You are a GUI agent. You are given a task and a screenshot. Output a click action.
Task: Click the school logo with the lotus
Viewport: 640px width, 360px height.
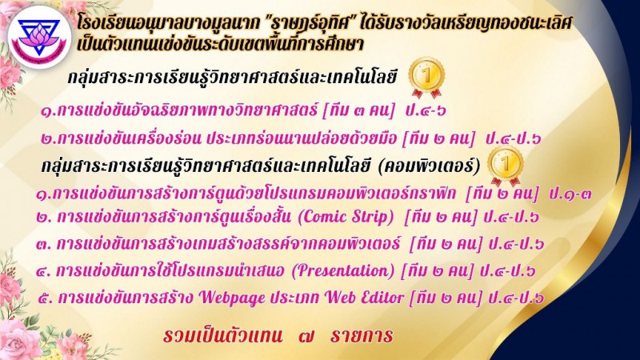point(39,37)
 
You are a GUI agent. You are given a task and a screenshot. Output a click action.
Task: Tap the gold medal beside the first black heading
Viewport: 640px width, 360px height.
point(426,78)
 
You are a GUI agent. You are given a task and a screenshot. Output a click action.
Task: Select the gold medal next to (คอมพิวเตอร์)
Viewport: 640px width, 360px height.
point(506,166)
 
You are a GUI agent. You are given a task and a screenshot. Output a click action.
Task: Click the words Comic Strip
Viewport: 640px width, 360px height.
point(346,217)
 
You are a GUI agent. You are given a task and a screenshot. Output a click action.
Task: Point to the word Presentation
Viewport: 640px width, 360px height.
point(343,271)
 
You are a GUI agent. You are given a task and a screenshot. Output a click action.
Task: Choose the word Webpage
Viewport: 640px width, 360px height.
point(232,298)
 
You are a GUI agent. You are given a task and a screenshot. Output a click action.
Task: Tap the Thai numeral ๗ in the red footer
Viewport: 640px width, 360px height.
point(306,336)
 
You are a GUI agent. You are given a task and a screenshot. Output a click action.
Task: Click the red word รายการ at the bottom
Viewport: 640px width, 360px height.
point(362,336)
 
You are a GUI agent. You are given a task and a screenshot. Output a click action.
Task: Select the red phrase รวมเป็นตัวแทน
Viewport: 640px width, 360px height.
point(222,336)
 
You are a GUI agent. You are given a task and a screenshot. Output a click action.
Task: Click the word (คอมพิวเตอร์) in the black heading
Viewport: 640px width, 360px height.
point(429,166)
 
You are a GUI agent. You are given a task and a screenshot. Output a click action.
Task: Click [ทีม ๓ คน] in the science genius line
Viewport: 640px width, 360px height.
point(359,110)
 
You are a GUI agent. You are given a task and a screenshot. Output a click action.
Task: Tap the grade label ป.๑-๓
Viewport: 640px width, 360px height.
point(570,193)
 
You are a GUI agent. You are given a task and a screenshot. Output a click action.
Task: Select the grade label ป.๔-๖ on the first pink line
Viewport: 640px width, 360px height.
point(426,110)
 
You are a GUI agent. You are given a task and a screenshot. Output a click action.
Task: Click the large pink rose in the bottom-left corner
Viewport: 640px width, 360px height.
point(18,339)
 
